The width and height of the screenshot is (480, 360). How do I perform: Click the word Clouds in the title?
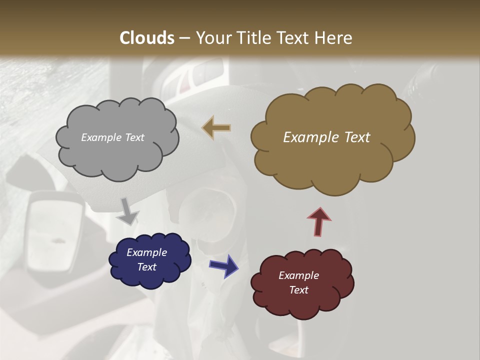coord(146,38)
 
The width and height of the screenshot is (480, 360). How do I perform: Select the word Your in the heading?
coord(212,38)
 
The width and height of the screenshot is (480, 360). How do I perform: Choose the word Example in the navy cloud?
coord(146,252)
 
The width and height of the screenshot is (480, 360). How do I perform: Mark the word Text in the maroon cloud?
coord(298,290)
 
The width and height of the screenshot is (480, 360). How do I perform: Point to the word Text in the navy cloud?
coord(146,267)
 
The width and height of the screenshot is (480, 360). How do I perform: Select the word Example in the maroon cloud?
coord(298,275)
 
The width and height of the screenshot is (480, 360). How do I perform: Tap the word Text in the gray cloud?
coord(134,137)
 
